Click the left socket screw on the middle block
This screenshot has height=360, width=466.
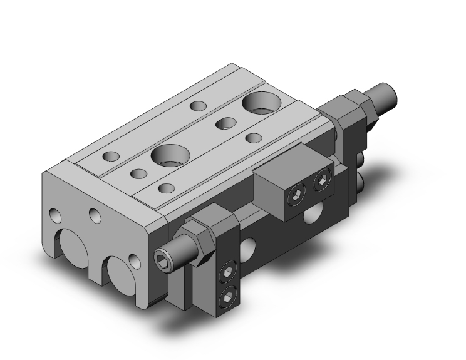(x=294, y=198)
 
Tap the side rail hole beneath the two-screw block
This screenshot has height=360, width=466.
(x=309, y=217)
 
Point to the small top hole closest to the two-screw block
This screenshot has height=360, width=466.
(x=254, y=138)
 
